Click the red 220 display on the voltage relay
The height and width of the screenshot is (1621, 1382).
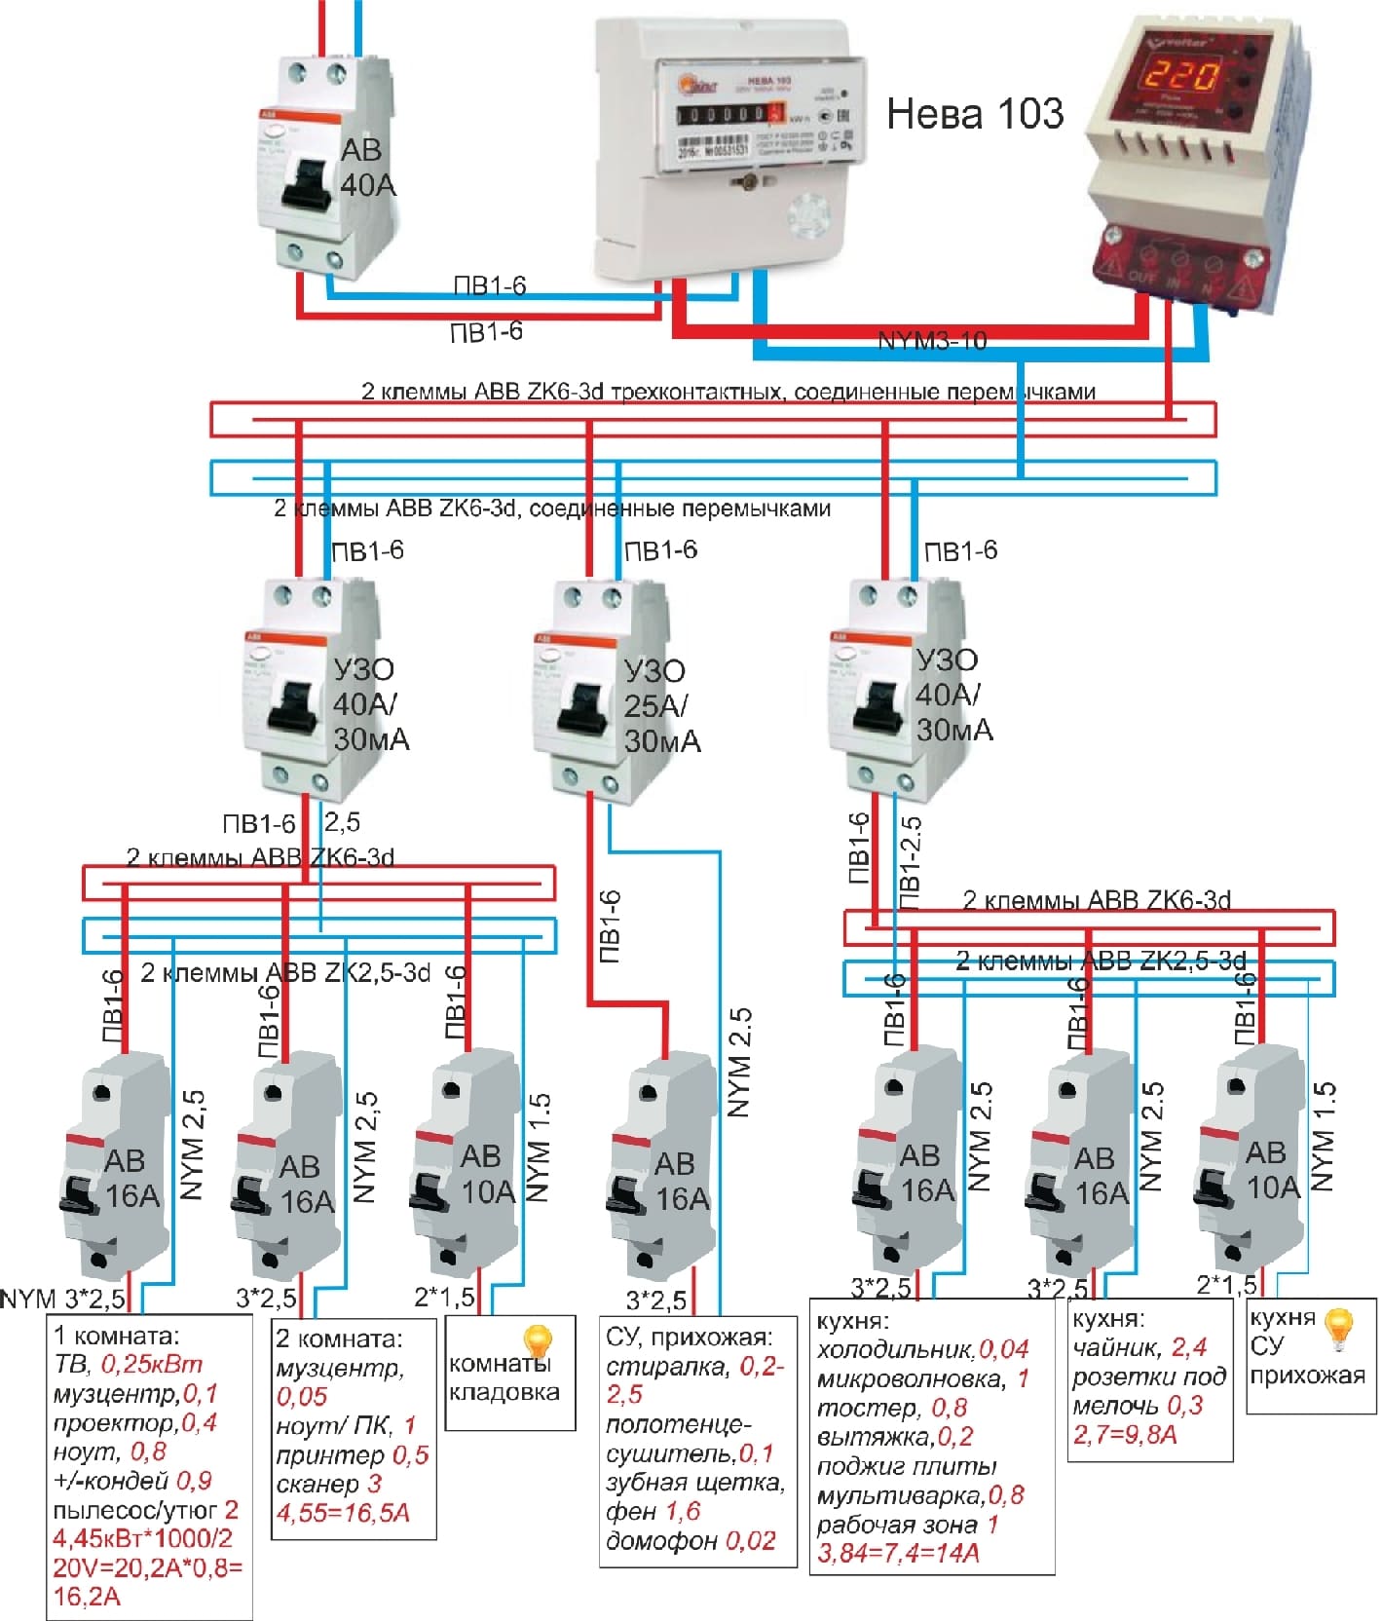[x=1180, y=77]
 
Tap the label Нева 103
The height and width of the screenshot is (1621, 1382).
[x=974, y=114]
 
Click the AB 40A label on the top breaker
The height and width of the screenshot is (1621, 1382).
[x=367, y=167]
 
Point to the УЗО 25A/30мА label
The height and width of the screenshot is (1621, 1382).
[x=660, y=705]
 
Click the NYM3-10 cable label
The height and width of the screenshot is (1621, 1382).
[x=932, y=341]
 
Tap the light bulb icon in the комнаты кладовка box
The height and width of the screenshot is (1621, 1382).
[x=538, y=1341]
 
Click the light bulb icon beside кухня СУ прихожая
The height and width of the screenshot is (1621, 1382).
[x=1341, y=1328]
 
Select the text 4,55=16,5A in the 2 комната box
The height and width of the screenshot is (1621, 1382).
[x=343, y=1513]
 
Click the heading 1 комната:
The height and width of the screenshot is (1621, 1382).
[x=117, y=1336]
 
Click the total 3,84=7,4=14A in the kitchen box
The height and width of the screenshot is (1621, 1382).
[x=898, y=1553]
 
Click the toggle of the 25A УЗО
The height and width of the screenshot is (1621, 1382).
[x=583, y=704]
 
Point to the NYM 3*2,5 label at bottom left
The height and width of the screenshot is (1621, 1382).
[x=63, y=1299]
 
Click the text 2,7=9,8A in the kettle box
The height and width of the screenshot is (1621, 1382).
[x=1125, y=1434]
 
